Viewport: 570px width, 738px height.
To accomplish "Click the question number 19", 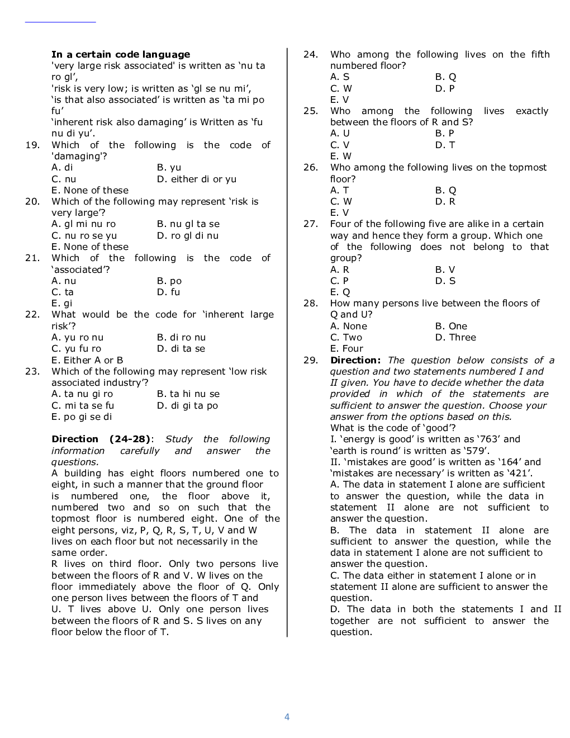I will pyautogui.click(x=32, y=145).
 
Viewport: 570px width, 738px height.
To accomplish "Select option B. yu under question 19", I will pyautogui.click(x=169, y=167).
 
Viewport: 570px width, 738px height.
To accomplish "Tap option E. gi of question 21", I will pyautogui.click(x=62, y=303).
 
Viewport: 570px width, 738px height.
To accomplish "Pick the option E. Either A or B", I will pyautogui.click(x=87, y=360).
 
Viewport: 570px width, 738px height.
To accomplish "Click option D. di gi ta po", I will pyautogui.click(x=187, y=405).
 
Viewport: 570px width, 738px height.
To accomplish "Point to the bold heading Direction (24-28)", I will pyautogui.click(x=101, y=439).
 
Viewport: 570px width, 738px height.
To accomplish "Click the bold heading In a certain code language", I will pyautogui.click(x=120, y=54).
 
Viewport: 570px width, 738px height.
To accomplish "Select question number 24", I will pyautogui.click(x=311, y=54).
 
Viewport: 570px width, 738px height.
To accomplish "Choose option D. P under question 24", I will pyautogui.click(x=445, y=88).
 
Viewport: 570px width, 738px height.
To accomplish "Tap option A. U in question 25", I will pyautogui.click(x=340, y=133).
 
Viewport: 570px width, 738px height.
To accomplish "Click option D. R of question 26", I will pyautogui.click(x=445, y=201).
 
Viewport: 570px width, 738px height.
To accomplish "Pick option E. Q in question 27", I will pyautogui.click(x=340, y=292).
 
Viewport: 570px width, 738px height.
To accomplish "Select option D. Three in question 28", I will pyautogui.click(x=455, y=337).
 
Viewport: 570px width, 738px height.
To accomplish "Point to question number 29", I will pyautogui.click(x=311, y=360).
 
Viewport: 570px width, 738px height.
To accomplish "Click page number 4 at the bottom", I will pyautogui.click(x=287, y=717).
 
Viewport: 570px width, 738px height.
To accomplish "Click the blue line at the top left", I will pyautogui.click(x=60, y=22).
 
